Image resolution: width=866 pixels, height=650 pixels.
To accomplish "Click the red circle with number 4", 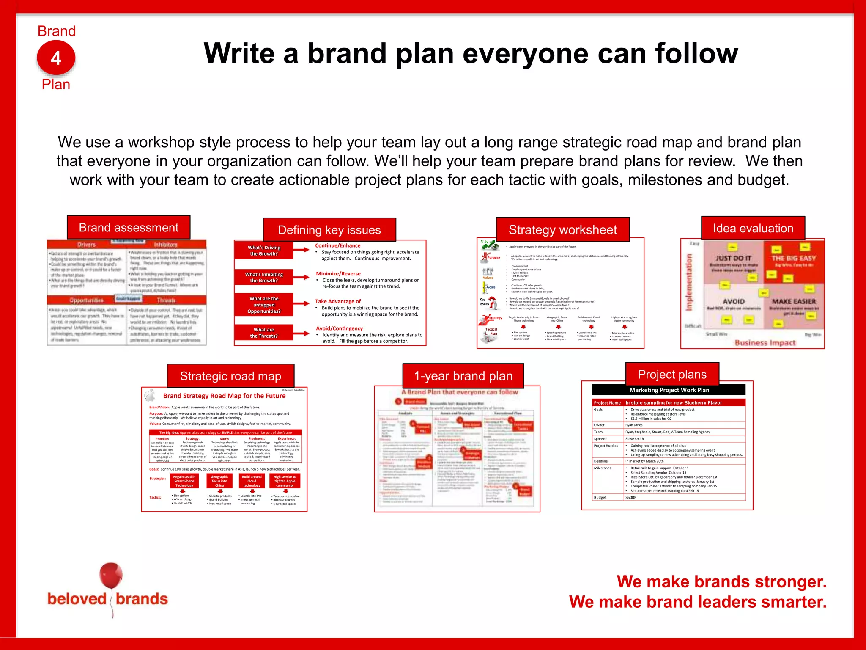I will click(56, 58).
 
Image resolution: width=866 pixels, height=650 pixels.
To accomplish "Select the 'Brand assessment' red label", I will click(129, 228).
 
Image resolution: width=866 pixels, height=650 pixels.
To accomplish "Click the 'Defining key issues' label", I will click(329, 230).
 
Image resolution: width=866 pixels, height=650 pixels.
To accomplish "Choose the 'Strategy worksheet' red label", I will click(562, 230).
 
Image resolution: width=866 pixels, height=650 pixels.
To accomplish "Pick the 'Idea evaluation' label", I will click(753, 229).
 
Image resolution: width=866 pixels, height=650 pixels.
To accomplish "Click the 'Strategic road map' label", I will click(230, 376).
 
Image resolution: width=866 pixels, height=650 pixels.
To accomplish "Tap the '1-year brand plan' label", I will click(463, 376).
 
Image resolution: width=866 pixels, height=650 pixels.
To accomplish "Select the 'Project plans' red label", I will click(672, 375).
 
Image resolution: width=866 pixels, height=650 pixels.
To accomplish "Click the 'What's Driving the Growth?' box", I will click(264, 251).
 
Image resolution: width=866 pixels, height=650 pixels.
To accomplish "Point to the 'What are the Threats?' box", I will click(264, 333).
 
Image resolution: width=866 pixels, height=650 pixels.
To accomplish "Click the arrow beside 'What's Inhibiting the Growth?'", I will click(301, 277).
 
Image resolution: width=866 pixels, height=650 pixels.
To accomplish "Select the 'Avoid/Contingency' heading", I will click(339, 328).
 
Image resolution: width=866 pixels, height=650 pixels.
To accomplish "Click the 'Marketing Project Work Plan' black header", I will click(669, 390).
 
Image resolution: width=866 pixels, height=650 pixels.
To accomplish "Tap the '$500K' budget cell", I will click(631, 497).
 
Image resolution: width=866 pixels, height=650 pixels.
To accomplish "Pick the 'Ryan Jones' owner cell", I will click(634, 425).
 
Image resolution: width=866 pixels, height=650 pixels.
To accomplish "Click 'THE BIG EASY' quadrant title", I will click(793, 258).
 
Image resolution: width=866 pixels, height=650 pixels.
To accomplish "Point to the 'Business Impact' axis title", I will click(765, 342).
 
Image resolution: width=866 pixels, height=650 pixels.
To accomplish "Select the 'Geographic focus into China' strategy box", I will click(219, 481).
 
